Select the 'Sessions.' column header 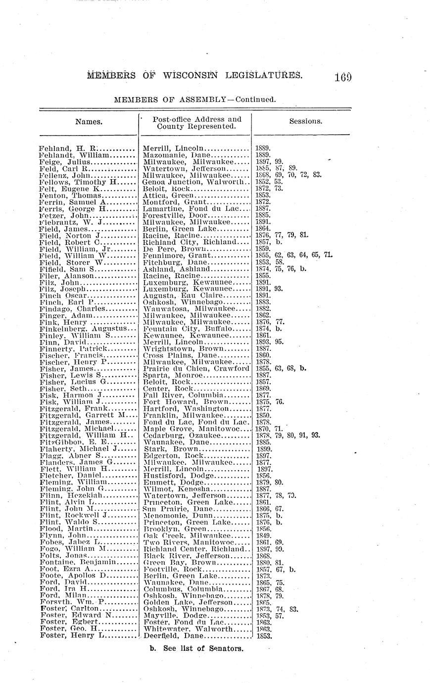tap(305, 121)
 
